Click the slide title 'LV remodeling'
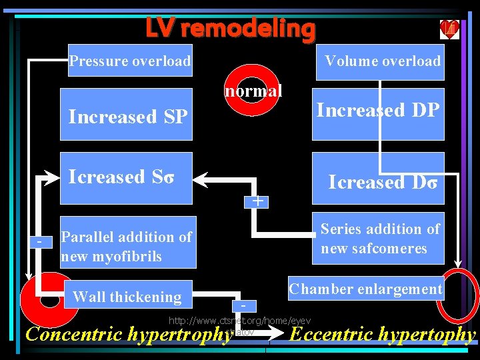[231, 28]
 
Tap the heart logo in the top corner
[449, 29]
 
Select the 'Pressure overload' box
[130, 61]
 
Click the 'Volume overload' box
[382, 61]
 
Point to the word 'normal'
[253, 90]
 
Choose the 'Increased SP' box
[127, 115]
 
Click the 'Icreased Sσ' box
[126, 178]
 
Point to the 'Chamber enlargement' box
[365, 289]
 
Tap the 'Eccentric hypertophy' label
[384, 335]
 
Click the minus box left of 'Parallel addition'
[41, 240]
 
